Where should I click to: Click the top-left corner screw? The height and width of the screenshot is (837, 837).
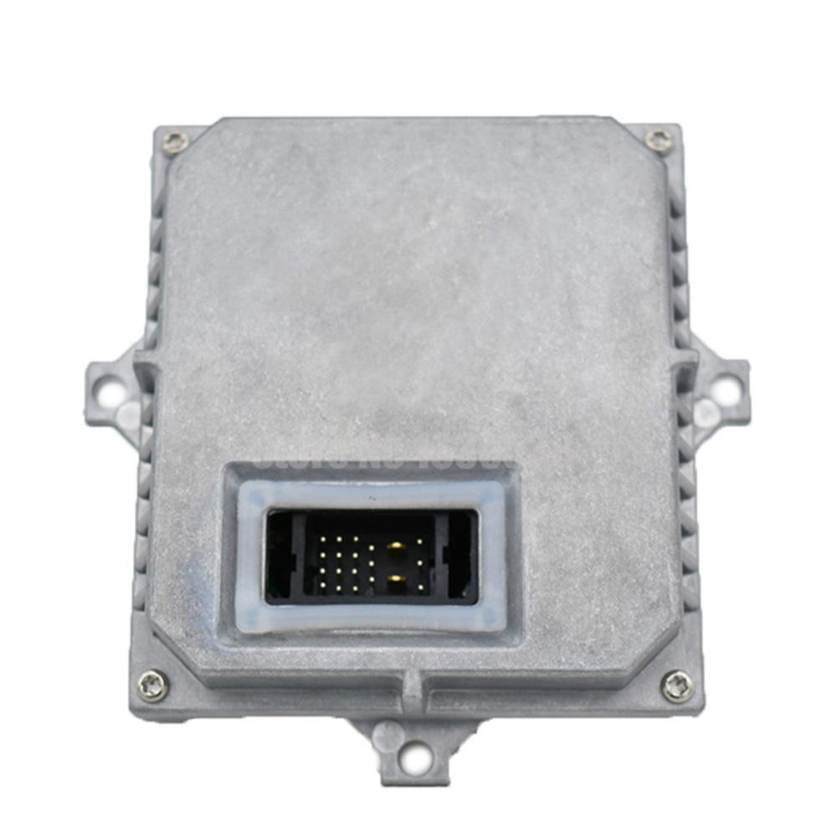point(175,142)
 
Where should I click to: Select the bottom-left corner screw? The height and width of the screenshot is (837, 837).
point(152,686)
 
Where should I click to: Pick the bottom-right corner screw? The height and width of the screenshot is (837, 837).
point(677,686)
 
